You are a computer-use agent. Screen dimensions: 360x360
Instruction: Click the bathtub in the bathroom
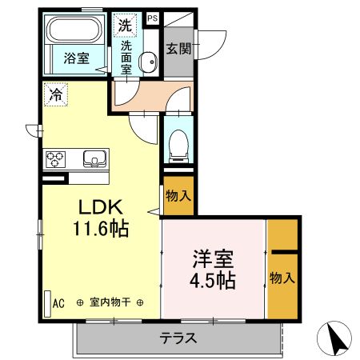pos(73,31)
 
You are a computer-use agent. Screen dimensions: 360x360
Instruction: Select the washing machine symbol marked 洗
pos(124,24)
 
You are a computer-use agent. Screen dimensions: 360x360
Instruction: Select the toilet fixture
pos(178,143)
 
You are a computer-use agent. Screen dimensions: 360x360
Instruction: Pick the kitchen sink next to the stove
pos(94,159)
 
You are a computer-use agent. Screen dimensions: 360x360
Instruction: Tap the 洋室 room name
pos(212,260)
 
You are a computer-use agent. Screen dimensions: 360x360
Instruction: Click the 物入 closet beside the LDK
pos(178,196)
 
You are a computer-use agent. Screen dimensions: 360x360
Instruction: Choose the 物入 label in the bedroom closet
pos(282,278)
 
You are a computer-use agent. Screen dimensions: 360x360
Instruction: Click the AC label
pos(58,303)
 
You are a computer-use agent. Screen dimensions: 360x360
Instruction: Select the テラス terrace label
pos(178,338)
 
